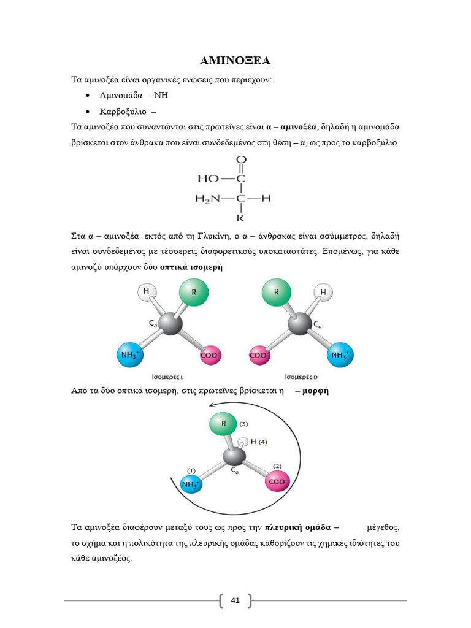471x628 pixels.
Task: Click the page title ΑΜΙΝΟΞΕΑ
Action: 235,61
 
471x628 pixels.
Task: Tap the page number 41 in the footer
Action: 235,600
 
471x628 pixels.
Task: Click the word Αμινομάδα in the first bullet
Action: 121,96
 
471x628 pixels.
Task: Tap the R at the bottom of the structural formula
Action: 240,218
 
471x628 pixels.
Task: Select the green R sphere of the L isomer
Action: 194,293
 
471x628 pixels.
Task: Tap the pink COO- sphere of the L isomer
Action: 211,356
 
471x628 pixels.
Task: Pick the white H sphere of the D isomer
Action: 323,293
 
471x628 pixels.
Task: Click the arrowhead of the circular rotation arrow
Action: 212,404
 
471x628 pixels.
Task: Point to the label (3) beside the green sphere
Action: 243,424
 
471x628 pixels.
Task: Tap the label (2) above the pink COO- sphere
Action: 277,467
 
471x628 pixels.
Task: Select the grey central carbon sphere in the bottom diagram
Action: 233,457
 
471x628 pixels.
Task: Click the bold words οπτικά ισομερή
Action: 191,267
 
